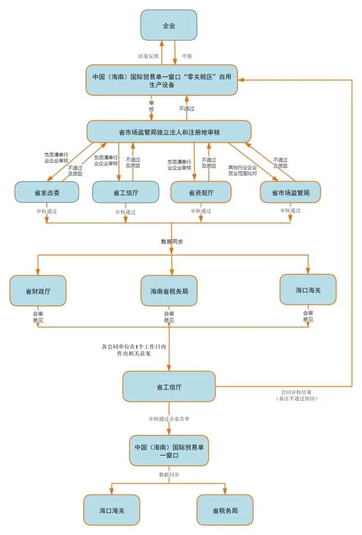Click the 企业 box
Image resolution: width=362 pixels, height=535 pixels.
click(x=169, y=25)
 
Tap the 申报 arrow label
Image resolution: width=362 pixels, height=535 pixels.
click(x=187, y=57)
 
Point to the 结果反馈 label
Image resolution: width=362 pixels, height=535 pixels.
click(x=149, y=57)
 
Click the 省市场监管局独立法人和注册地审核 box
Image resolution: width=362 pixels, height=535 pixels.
click(x=169, y=131)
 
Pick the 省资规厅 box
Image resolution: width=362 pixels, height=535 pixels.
click(x=200, y=193)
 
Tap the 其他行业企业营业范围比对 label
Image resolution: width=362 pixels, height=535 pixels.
click(x=242, y=170)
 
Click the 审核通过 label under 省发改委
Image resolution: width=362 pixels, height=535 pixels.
click(x=46, y=211)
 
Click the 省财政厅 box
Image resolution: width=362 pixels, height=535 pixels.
click(x=37, y=290)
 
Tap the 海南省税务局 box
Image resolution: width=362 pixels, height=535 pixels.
click(x=169, y=290)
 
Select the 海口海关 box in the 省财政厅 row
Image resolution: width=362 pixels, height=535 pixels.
click(x=308, y=289)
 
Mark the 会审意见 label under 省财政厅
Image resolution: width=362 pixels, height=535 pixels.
click(x=38, y=316)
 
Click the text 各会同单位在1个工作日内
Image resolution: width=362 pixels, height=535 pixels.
click(x=133, y=346)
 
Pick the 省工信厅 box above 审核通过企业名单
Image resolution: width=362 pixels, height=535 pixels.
click(x=169, y=388)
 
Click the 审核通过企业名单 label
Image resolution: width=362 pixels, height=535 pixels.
click(x=169, y=419)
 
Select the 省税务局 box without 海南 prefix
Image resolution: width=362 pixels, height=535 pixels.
click(x=225, y=510)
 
